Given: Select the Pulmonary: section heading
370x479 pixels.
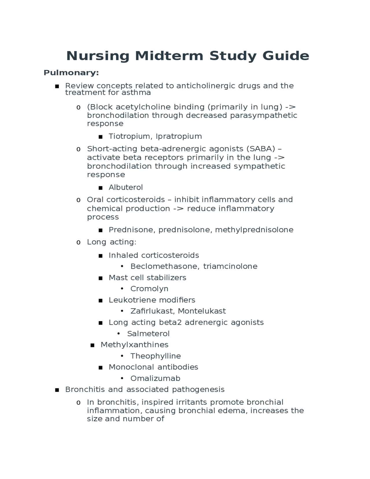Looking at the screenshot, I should click(71, 73).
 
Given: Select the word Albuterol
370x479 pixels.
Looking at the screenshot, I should click(126, 187).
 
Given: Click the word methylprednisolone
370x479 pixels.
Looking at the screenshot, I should click(254, 230).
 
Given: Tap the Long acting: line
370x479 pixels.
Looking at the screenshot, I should click(112, 242).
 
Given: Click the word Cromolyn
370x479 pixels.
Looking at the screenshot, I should click(149, 289).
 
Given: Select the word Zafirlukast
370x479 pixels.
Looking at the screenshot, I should click(152, 311).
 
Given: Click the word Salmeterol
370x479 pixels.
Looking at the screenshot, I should click(148, 334).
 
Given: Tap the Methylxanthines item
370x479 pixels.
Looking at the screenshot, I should click(134, 345).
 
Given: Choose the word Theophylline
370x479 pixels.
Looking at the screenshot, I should click(156, 356).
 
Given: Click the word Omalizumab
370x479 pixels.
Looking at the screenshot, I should click(155, 379).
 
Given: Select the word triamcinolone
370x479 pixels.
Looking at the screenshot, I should click(230, 266).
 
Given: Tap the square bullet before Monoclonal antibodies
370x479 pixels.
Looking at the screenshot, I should click(101, 368).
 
